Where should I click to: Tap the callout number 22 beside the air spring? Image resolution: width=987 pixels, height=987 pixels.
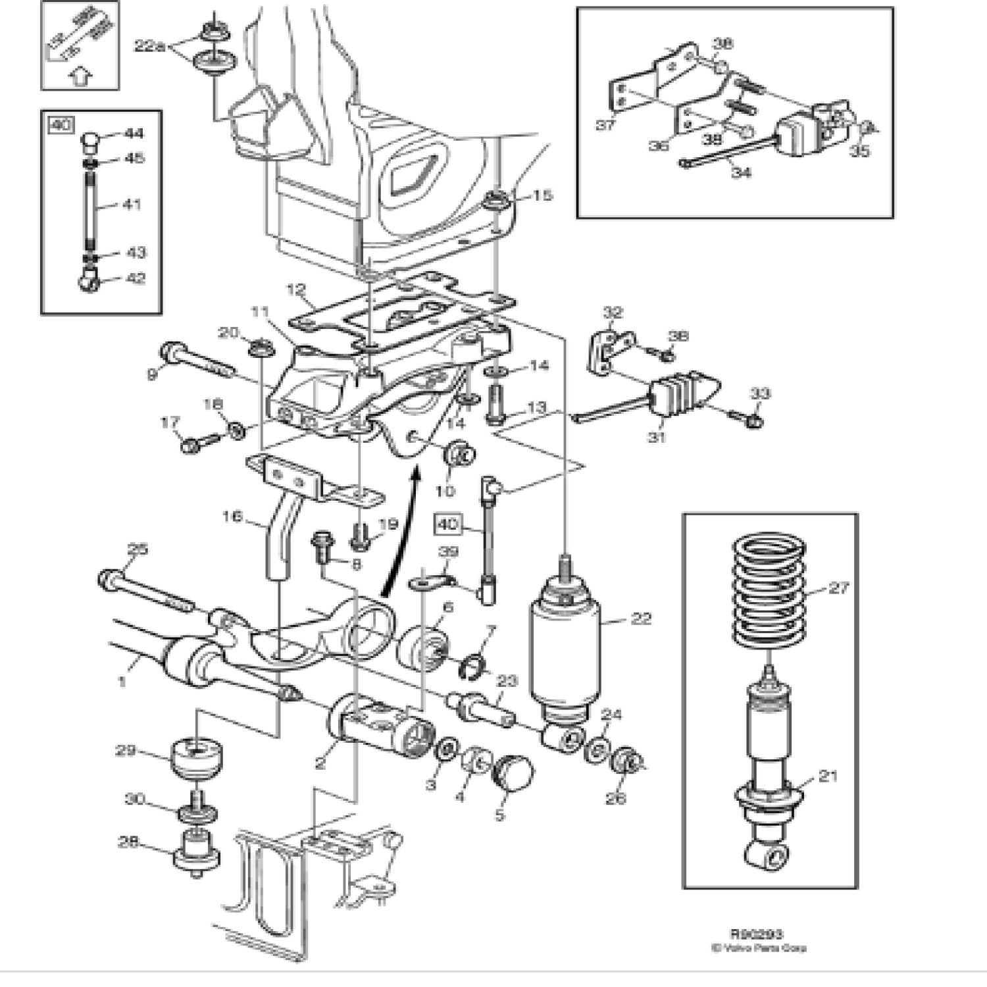pyautogui.click(x=640, y=619)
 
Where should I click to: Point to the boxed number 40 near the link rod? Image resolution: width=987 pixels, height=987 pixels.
pyautogui.click(x=447, y=524)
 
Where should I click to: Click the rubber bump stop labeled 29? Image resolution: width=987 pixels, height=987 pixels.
pyautogui.click(x=196, y=760)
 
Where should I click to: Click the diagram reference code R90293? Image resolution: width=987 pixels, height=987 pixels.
pyautogui.click(x=756, y=934)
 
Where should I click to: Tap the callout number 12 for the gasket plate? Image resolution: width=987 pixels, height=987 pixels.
pyautogui.click(x=297, y=289)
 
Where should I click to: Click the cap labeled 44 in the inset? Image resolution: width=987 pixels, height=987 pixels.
pyautogui.click(x=91, y=139)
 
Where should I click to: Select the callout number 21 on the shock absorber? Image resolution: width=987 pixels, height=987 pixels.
pyautogui.click(x=827, y=776)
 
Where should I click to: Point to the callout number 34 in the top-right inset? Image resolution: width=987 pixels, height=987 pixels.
pyautogui.click(x=741, y=172)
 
